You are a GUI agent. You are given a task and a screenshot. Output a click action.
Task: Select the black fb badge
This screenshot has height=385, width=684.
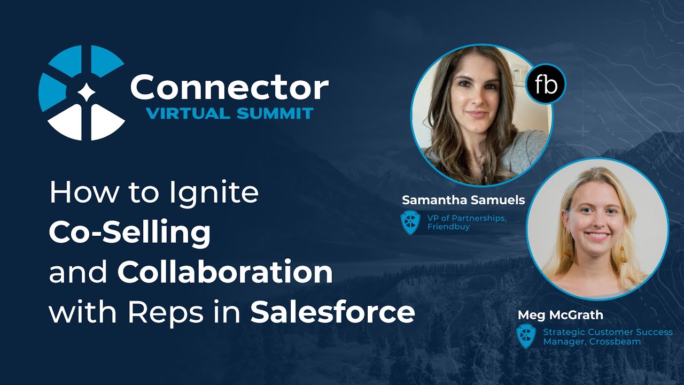[545, 84]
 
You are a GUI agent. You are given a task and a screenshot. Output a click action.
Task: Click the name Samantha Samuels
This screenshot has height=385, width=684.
[463, 201]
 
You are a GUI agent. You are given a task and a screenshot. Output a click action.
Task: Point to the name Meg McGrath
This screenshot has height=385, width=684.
[560, 314]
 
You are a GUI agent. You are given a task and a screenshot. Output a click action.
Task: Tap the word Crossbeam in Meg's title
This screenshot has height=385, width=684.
[615, 342]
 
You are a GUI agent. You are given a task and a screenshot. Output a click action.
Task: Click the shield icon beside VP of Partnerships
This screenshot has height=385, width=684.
[410, 222]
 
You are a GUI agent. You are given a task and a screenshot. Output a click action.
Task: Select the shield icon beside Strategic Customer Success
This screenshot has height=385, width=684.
[526, 336]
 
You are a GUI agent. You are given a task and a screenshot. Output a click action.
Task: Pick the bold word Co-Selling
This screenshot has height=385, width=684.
[129, 233]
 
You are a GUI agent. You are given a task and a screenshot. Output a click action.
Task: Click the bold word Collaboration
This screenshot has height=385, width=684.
[225, 272]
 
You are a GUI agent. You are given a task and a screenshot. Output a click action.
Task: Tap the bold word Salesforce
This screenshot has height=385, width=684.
[332, 312]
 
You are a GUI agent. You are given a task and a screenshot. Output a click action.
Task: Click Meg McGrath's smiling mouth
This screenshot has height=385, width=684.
[596, 236]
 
